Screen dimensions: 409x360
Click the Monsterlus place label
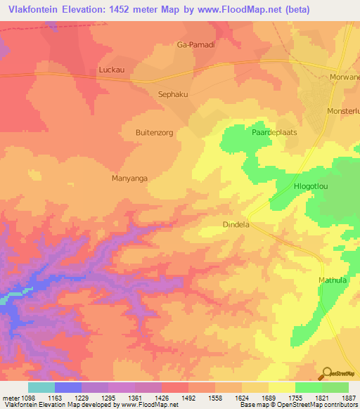[x=342, y=111]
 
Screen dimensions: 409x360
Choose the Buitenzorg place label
[x=154, y=132]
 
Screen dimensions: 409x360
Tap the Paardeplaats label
[x=271, y=132]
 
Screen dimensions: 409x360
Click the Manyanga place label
[x=129, y=178]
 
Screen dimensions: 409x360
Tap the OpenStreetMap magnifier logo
[x=326, y=374]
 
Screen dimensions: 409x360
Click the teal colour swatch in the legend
[x=41, y=387]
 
